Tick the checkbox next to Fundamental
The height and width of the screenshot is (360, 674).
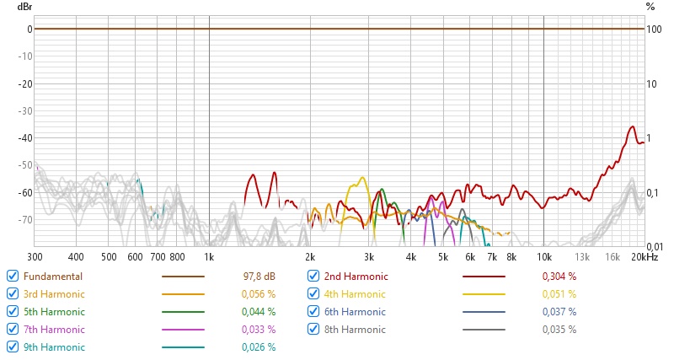12,277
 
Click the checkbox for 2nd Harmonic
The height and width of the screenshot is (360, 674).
313,277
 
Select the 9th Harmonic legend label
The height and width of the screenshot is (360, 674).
54,347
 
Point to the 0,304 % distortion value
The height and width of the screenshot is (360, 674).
559,277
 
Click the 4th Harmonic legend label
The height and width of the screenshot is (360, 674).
354,294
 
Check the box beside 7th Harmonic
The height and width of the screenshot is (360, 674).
12,329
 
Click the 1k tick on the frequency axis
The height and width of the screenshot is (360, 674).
209,256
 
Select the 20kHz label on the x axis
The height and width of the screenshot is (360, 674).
646,256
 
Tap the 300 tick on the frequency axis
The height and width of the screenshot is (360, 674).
35,256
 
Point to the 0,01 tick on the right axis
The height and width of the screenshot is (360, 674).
654,245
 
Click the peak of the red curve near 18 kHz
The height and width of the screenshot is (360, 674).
631,127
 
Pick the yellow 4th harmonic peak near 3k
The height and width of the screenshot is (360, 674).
362,178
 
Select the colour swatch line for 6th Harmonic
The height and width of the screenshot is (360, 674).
484,312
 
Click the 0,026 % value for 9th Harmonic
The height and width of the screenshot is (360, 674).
259,347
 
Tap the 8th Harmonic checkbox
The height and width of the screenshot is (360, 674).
313,329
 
